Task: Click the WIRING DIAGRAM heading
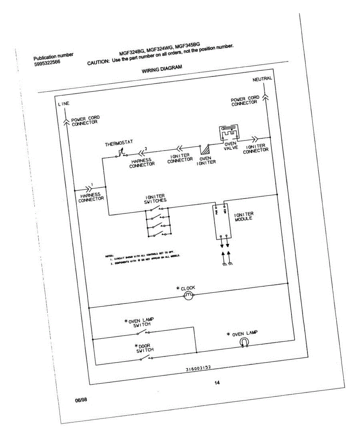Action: pyautogui.click(x=162, y=69)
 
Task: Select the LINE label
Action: pyautogui.click(x=64, y=103)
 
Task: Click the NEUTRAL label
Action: pyautogui.click(x=262, y=79)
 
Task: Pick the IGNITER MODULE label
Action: pyautogui.click(x=244, y=217)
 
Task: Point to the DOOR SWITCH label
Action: pyautogui.click(x=145, y=348)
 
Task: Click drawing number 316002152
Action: pyautogui.click(x=198, y=369)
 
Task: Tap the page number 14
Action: pyautogui.click(x=217, y=383)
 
